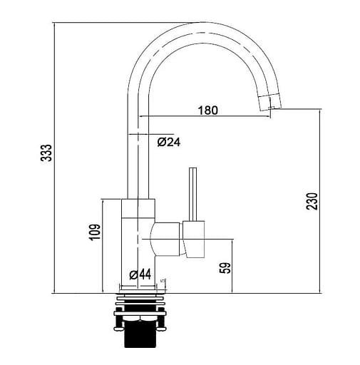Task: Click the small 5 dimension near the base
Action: click(163, 282)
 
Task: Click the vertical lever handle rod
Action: click(190, 194)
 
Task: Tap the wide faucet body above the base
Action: click(136, 242)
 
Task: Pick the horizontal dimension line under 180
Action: click(207, 117)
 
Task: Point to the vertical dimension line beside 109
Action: click(103, 245)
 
